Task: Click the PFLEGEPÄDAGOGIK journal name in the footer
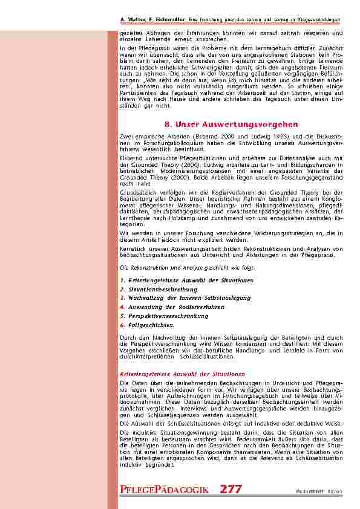tap(165, 490)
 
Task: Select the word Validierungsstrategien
tap(269, 233)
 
